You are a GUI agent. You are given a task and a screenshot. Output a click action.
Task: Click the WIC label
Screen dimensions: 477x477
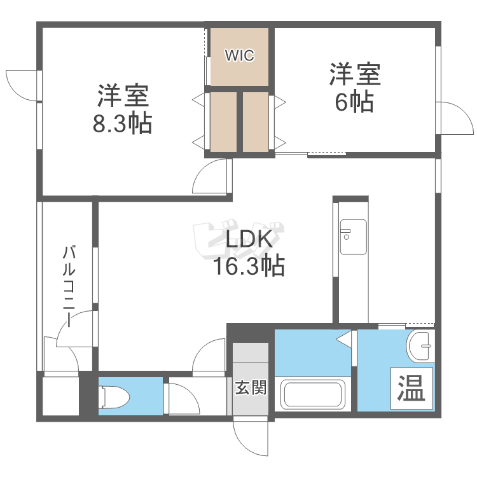pos(239,56)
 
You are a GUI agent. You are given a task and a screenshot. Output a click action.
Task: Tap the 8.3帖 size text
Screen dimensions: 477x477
pos(122,123)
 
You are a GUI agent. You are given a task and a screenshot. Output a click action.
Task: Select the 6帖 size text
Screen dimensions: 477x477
pos(354,102)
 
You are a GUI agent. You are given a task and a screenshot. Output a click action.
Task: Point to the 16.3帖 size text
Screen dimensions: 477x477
pos(249,266)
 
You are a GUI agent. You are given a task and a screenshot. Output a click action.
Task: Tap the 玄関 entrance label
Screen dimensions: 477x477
pos(250,387)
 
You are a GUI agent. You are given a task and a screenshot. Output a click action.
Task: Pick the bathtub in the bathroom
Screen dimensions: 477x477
pos(312,394)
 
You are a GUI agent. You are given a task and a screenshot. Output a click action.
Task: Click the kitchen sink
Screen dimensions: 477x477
pos(353,237)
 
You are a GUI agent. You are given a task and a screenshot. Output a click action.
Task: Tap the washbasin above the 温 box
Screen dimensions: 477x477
pos(419,347)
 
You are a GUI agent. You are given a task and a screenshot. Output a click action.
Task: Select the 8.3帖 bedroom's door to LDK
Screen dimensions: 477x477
pos(211,176)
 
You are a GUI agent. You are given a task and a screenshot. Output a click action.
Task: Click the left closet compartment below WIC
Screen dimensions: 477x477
pos(223,122)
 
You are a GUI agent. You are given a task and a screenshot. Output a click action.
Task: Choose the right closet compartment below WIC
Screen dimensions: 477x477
pos(256,122)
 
